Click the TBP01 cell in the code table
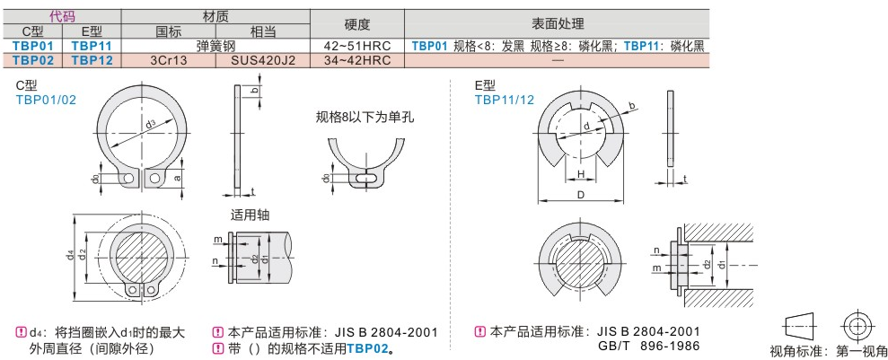(x=33, y=45)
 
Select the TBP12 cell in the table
(x=92, y=60)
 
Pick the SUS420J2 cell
(x=263, y=60)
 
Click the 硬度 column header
(x=357, y=23)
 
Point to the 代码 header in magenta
(x=62, y=16)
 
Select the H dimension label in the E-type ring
(x=581, y=174)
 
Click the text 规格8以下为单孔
(x=364, y=117)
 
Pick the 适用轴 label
(x=250, y=215)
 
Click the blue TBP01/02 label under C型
(x=45, y=101)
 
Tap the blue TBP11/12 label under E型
(x=505, y=101)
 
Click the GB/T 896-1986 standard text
(x=648, y=346)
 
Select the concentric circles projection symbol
(x=857, y=325)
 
